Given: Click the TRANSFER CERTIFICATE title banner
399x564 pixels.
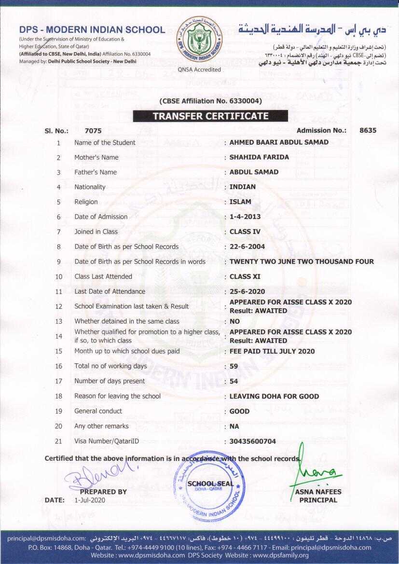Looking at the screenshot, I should (210, 116).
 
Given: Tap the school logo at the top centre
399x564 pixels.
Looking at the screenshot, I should (199, 41).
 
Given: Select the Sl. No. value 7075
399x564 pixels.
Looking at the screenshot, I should (93, 130).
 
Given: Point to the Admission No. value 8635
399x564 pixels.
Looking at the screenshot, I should (368, 130).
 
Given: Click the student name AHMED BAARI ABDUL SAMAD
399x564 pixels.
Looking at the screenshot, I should (279, 142).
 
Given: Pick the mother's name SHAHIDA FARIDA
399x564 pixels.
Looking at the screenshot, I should (259, 157).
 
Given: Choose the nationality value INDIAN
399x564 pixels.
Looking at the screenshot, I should (243, 187).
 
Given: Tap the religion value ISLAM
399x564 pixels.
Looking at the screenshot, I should (240, 202).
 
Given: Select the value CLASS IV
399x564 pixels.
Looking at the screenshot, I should (245, 232).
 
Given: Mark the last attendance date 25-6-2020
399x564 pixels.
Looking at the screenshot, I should (247, 291).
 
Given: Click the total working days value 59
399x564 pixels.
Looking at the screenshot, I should (234, 366).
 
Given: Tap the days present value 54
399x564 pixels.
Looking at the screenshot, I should (234, 381).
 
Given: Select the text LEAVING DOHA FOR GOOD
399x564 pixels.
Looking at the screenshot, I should (274, 396).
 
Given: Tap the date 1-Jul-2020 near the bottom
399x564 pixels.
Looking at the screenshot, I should (90, 500).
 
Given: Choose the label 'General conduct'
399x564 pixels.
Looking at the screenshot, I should (98, 411).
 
